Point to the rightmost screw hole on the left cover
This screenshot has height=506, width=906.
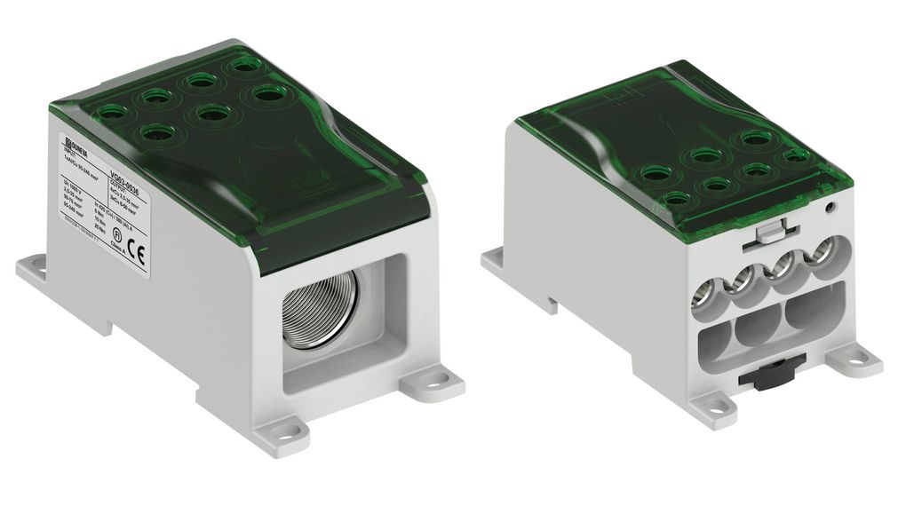(x=263, y=92)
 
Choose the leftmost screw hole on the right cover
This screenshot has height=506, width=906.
(x=655, y=174)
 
